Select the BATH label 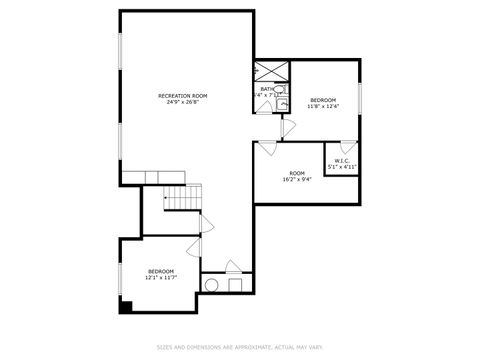pyautogui.click(x=267, y=89)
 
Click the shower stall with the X pyautogui.click(x=270, y=72)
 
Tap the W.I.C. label pyautogui.click(x=341, y=161)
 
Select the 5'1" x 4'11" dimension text pyautogui.click(x=341, y=167)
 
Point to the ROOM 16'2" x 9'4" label pyautogui.click(x=297, y=176)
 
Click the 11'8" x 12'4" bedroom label pyautogui.click(x=323, y=103)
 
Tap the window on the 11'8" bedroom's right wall pyautogui.click(x=359, y=100)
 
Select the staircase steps pyautogui.click(x=178, y=198)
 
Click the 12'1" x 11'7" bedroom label pyautogui.click(x=161, y=274)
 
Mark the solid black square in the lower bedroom pyautogui.click(x=125, y=306)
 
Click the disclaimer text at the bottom pyautogui.click(x=240, y=348)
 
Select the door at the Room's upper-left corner pyautogui.click(x=267, y=147)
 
